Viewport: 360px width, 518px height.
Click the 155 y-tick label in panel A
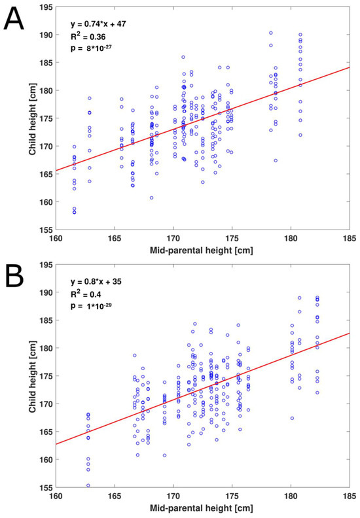click(x=45, y=230)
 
